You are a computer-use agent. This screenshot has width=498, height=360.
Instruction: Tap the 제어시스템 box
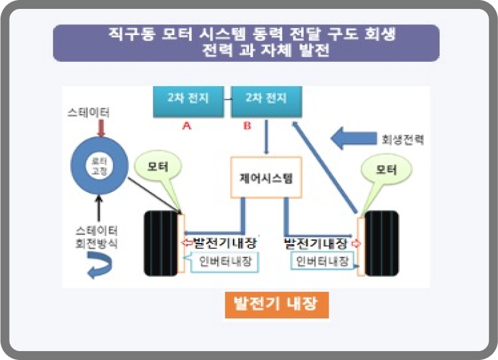click(266, 177)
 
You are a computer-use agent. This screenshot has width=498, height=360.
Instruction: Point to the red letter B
click(248, 126)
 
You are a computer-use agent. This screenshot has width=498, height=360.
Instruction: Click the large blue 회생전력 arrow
click(352, 140)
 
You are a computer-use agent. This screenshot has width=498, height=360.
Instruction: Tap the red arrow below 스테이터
click(100, 128)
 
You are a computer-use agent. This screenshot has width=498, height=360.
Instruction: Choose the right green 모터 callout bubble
click(386, 170)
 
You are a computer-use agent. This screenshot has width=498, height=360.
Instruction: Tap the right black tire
click(380, 243)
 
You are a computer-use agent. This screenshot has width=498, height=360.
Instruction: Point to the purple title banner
click(246, 43)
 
